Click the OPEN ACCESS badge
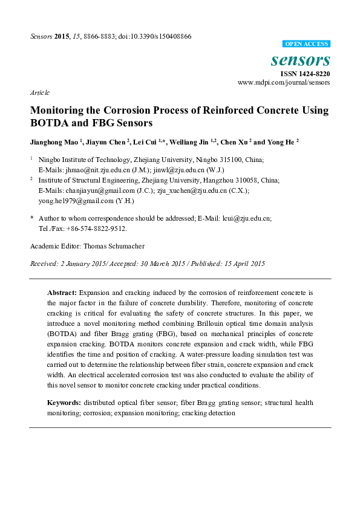307,44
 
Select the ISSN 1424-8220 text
305,73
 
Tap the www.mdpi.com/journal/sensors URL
284,82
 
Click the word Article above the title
39,92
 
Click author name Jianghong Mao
52,143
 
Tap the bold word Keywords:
64,403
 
